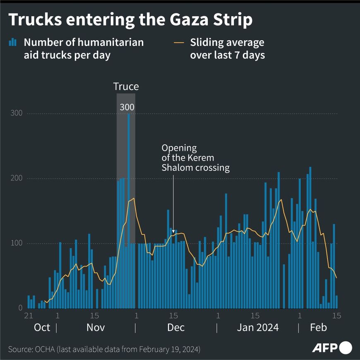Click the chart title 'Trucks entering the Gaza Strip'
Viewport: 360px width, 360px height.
pos(130,20)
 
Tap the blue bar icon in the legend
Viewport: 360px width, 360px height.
pos(13,42)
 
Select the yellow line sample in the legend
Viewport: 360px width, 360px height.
pos(179,42)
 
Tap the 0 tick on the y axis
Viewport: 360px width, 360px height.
pos(19,308)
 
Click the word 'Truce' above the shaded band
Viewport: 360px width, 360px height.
pos(126,86)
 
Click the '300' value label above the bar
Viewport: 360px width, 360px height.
pos(127,107)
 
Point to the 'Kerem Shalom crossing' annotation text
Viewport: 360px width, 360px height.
pos(195,158)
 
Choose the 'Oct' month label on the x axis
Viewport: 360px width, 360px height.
pos(42,328)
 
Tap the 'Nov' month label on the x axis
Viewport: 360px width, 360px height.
pos(95,328)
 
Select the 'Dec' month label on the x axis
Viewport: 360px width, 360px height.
pos(175,328)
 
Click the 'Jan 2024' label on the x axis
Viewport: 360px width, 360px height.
pos(257,328)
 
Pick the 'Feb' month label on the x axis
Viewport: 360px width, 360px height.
pos(318,328)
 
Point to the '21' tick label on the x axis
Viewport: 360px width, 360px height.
pos(29,316)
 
